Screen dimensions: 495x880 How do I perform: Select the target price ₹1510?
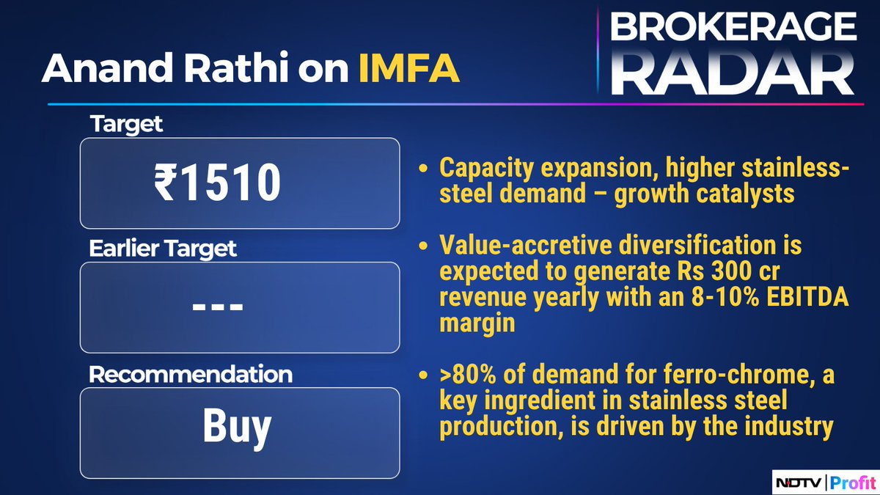pyautogui.click(x=218, y=183)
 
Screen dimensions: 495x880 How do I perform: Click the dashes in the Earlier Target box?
pyautogui.click(x=218, y=306)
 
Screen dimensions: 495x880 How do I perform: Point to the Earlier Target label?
pyautogui.click(x=163, y=249)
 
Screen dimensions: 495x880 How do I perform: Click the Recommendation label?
pyautogui.click(x=191, y=374)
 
